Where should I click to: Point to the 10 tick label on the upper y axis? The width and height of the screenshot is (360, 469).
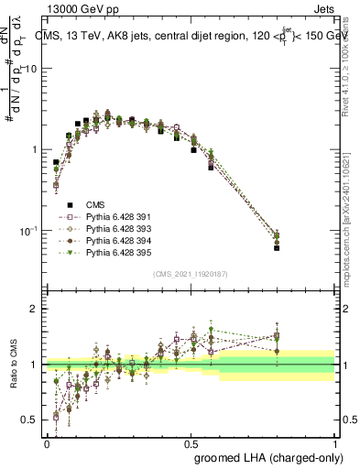(31, 70)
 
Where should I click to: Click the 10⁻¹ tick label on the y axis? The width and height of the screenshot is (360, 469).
(27, 230)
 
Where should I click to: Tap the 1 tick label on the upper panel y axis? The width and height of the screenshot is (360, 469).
(34, 149)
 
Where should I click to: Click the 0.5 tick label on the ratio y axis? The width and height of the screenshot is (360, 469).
(29, 420)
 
